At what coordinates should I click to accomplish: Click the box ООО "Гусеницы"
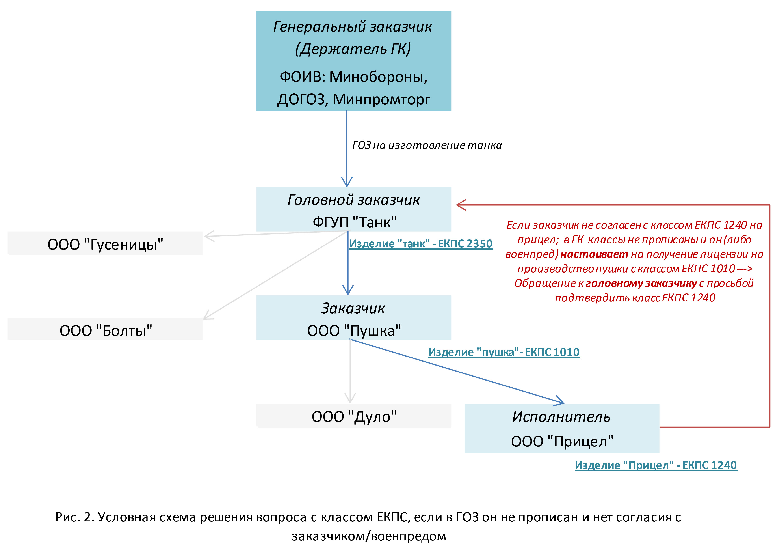(x=105, y=244)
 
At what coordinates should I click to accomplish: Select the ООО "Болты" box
(x=105, y=329)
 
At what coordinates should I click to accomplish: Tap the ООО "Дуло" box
(x=353, y=416)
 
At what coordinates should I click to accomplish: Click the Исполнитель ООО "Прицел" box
(x=561, y=428)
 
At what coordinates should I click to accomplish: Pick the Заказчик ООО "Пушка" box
(x=353, y=318)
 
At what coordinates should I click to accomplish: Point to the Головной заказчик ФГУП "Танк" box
(x=353, y=209)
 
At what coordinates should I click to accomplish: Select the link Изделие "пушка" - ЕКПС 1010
(x=504, y=352)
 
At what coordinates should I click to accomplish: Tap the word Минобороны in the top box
(x=378, y=77)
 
